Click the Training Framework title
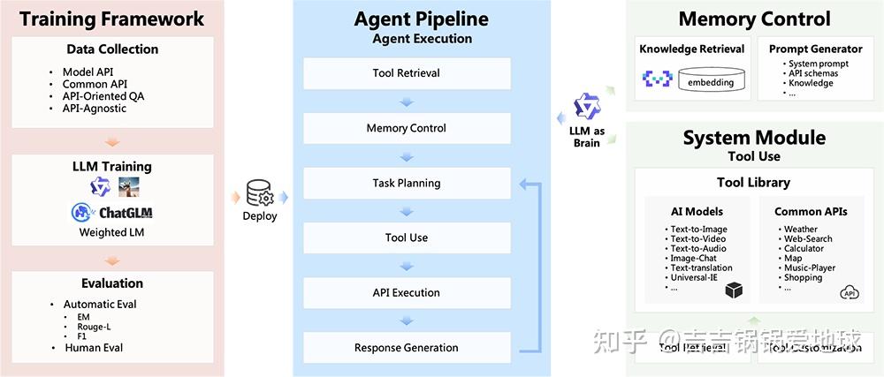(x=111, y=19)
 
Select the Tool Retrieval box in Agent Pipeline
(x=407, y=73)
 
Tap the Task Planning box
(x=407, y=184)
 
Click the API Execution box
(x=407, y=293)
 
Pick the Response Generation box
(x=407, y=348)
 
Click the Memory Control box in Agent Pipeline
(x=407, y=129)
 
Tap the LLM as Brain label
(x=586, y=137)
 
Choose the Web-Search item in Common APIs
(x=808, y=239)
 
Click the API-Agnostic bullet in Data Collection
(x=95, y=109)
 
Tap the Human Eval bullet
(x=94, y=348)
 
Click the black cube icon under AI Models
(x=733, y=290)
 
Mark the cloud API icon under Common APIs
(x=850, y=292)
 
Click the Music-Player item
(x=810, y=268)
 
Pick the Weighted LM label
(x=111, y=232)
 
